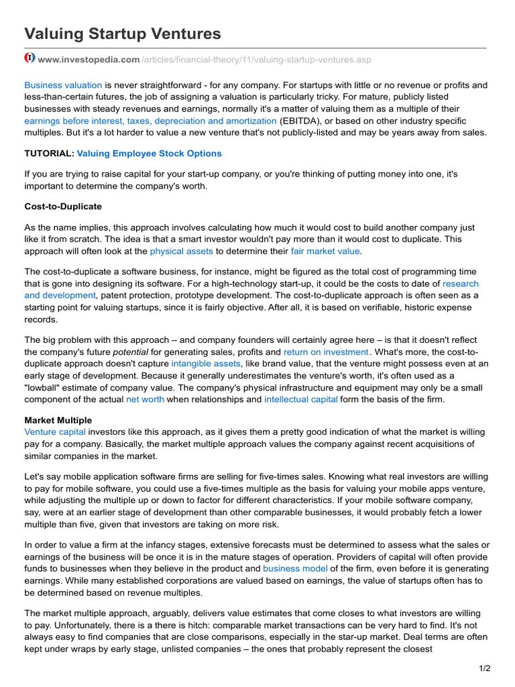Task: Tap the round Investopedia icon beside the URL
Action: click(30, 58)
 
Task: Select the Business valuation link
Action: click(63, 85)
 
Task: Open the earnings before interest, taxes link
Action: click(150, 121)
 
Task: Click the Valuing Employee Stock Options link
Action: click(150, 154)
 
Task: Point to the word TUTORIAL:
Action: click(49, 154)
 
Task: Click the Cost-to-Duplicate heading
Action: click(63, 206)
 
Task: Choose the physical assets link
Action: click(181, 251)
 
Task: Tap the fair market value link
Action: click(325, 251)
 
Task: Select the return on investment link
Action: click(326, 352)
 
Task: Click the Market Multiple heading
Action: click(58, 421)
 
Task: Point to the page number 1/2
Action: click(485, 668)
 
